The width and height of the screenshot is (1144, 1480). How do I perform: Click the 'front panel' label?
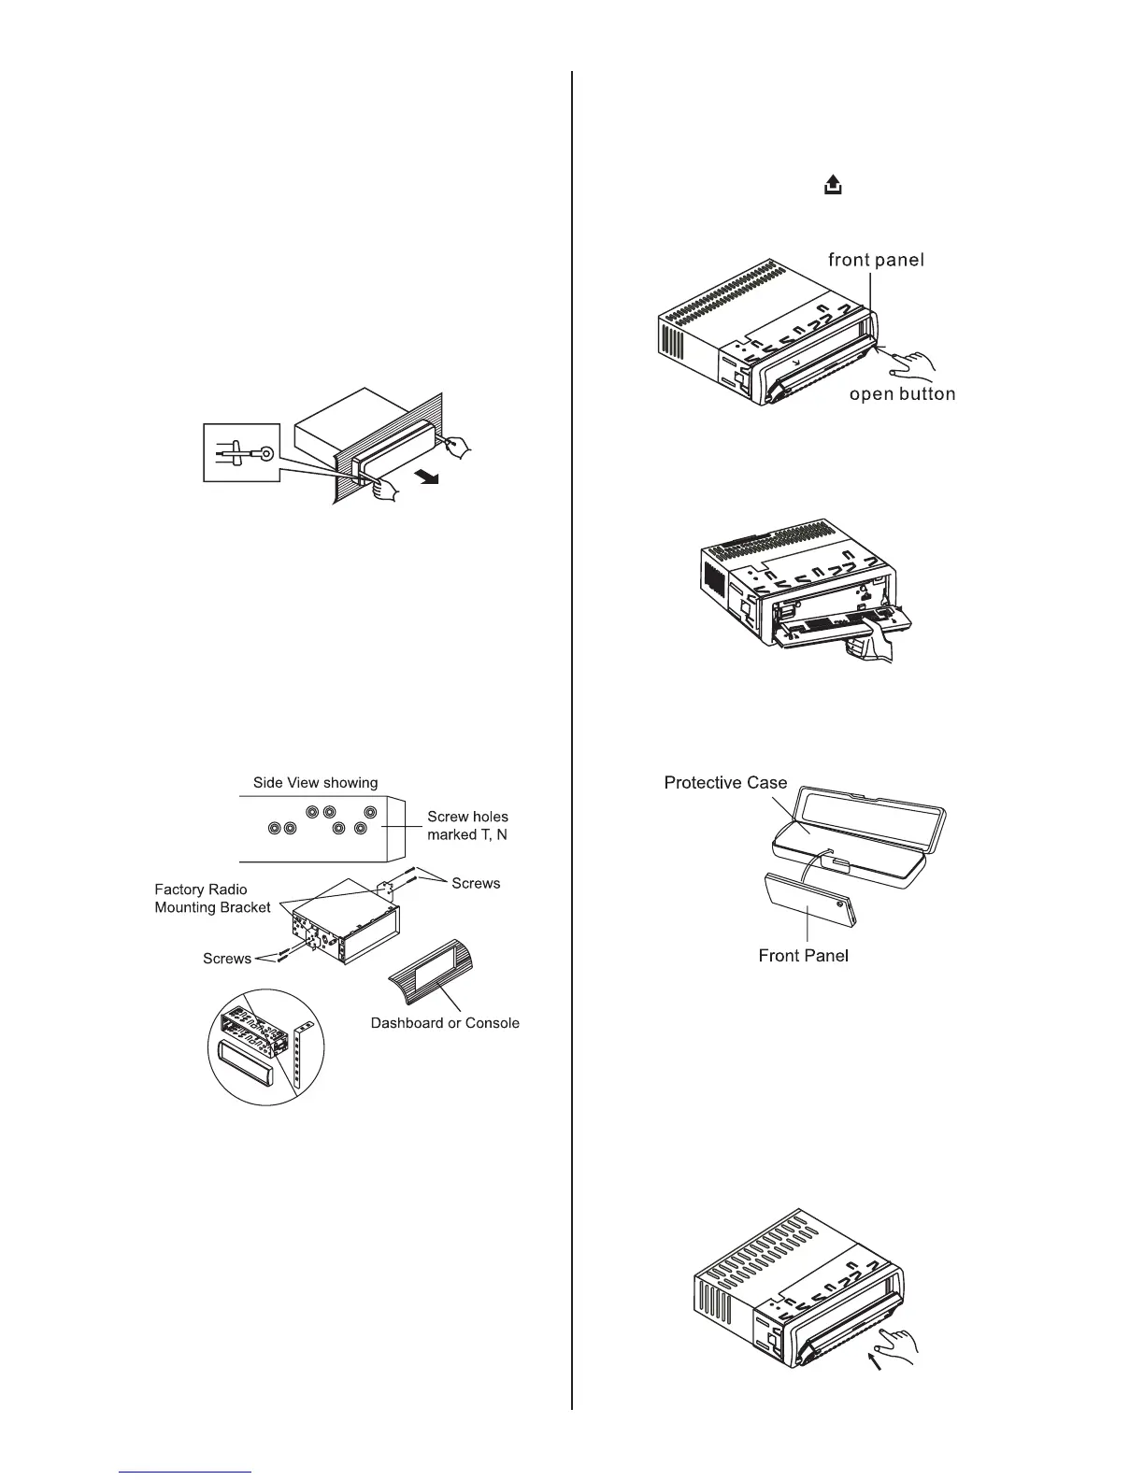(876, 260)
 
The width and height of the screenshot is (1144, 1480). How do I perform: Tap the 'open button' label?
(902, 393)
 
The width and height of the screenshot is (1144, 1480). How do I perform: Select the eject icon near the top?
(832, 187)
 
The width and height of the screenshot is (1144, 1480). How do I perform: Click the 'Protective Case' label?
(725, 783)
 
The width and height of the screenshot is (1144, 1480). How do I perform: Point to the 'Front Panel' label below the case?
(803, 955)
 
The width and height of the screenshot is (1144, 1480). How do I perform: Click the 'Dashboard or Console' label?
(445, 1023)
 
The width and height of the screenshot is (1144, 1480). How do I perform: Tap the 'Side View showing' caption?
(316, 783)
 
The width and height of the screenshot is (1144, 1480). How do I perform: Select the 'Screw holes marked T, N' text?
(467, 826)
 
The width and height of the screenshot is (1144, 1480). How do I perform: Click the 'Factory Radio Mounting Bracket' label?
(212, 899)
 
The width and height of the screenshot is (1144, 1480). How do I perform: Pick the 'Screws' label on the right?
(476, 883)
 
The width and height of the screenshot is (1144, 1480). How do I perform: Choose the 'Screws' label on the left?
(227, 959)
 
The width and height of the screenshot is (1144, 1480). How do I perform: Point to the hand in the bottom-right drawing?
(897, 1343)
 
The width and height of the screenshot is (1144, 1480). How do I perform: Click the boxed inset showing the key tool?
(242, 453)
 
